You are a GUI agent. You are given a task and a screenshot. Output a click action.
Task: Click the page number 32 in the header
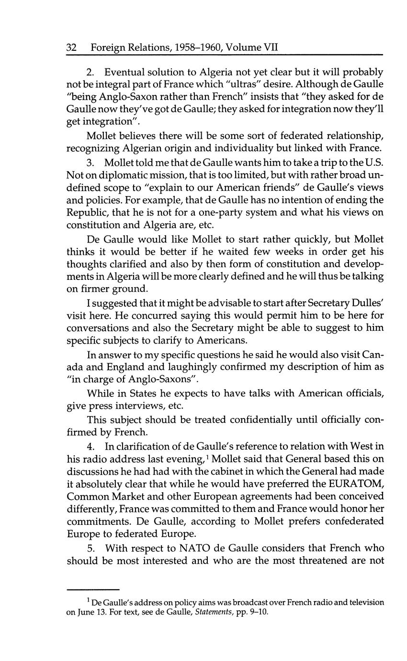pos(71,47)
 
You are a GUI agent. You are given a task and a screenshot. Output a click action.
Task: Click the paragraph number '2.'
pos(91,72)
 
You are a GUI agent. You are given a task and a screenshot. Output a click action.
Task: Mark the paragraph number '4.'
pos(91,447)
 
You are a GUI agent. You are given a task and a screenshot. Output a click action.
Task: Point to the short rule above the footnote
pos(92,589)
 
